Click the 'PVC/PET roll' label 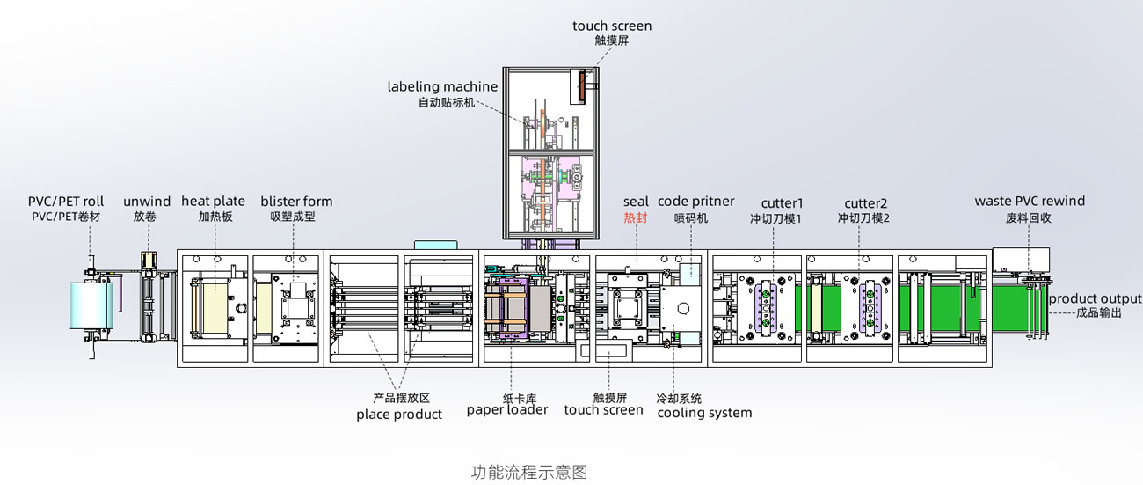coord(66,202)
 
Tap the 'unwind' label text coord(147,202)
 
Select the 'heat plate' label coord(213,202)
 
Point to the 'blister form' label coord(296,202)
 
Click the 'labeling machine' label coord(442,86)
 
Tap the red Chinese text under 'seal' coord(635,217)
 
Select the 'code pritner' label coord(695,202)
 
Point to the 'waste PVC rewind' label coord(1030,202)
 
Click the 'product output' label coord(1095,299)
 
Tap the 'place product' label coord(398,415)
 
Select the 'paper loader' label coord(506,409)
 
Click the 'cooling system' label coord(704,413)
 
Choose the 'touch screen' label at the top coord(612,26)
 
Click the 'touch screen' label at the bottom coord(603,409)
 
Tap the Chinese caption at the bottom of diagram coord(528,472)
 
